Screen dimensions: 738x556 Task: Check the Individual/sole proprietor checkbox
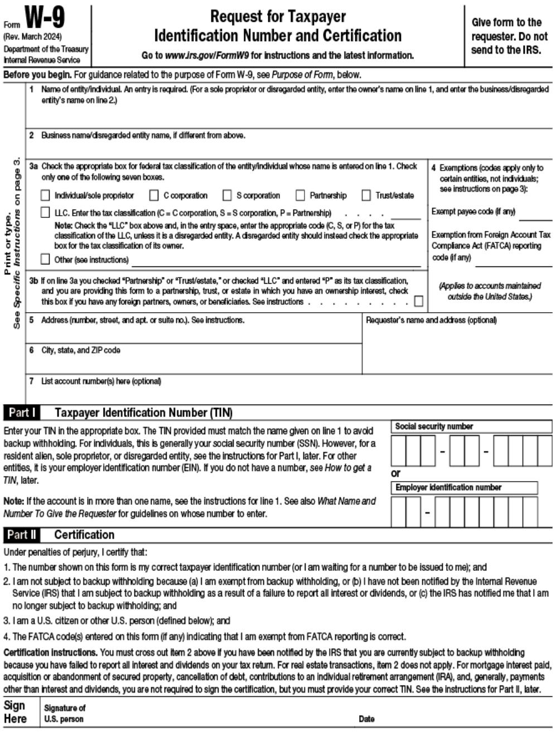click(45, 196)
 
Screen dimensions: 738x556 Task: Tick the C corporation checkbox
click(154, 196)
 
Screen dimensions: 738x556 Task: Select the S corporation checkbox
click(227, 196)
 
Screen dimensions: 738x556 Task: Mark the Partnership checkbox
click(300, 196)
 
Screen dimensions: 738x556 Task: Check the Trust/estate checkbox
click(366, 196)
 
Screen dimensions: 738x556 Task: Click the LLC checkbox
click(45, 212)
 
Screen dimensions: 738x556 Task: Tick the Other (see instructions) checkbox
click(45, 259)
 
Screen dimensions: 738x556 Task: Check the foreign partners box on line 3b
click(418, 302)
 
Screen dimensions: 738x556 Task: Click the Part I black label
click(22, 413)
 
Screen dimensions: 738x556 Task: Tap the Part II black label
click(22, 535)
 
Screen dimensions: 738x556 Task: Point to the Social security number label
click(434, 426)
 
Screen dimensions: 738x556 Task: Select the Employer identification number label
click(448, 488)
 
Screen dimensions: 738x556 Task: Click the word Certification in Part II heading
click(84, 535)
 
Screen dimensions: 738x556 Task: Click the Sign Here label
click(15, 712)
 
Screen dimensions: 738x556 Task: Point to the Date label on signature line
click(366, 719)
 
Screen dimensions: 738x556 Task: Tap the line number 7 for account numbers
click(32, 381)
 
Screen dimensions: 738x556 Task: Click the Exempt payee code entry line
click(535, 217)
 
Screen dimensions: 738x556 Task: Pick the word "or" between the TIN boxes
click(396, 473)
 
